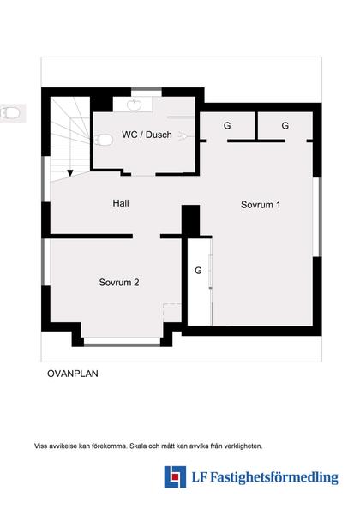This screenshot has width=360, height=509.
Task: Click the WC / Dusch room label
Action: coord(147,135)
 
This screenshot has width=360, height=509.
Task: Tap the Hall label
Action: coord(121,203)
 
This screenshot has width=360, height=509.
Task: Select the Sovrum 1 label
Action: coord(261,205)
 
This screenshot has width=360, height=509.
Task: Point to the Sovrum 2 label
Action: coord(119,282)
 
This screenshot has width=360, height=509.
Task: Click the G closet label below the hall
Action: coord(198,271)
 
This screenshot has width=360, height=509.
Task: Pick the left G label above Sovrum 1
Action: coord(227,126)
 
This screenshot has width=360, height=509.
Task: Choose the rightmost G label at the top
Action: coord(285,126)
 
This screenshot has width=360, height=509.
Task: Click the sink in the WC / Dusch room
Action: coord(135,105)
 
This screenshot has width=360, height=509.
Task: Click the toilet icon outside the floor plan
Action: coord(11,112)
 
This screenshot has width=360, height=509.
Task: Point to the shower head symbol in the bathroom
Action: coord(183,135)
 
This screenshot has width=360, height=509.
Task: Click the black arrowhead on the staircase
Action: coord(69,172)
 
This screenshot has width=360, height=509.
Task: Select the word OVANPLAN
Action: coord(72,374)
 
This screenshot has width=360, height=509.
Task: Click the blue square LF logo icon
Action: coord(176,476)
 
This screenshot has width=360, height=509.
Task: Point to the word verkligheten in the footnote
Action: coord(243,446)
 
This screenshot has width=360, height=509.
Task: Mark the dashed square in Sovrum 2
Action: coord(171,314)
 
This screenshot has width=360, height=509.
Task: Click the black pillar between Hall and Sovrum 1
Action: coord(190,218)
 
